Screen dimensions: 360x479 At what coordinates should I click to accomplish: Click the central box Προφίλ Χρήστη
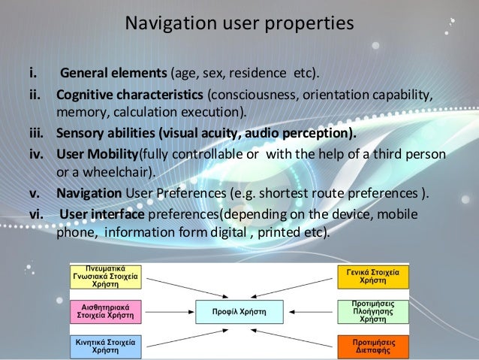pyautogui.click(x=239, y=311)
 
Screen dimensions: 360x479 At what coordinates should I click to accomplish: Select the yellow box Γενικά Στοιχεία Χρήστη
pyautogui.click(x=372, y=277)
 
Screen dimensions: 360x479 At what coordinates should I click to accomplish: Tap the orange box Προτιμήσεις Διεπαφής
pyautogui.click(x=372, y=345)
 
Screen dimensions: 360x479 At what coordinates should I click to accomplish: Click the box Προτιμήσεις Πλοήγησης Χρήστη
pyautogui.click(x=372, y=311)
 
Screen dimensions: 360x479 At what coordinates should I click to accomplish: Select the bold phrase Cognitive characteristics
pyautogui.click(x=129, y=97)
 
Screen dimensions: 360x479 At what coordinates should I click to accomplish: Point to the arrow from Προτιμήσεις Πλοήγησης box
pyautogui.click(x=312, y=311)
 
